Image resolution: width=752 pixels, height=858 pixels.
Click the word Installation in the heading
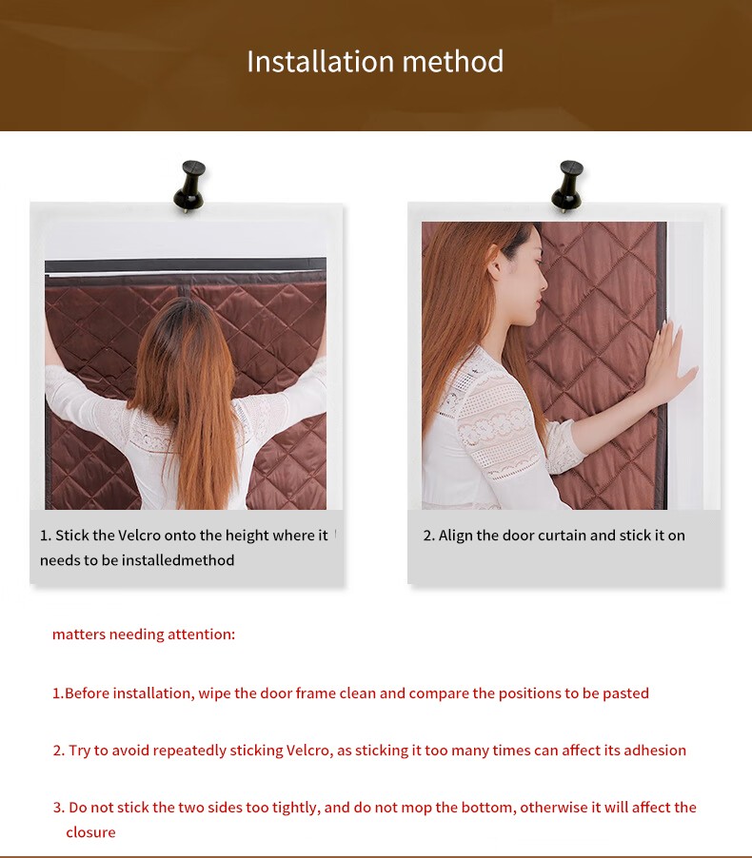coord(321,61)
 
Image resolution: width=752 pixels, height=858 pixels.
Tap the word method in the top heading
coord(453,61)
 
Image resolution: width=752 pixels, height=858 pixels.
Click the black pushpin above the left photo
coord(189,186)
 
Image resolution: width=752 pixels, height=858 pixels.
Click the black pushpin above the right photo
coord(567,186)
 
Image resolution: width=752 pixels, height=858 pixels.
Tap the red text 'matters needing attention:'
coord(144,634)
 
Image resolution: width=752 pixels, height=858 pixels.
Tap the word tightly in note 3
coord(295,808)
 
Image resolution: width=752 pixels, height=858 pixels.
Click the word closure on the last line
coord(91,832)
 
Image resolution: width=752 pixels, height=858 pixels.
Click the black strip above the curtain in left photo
coord(186,266)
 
